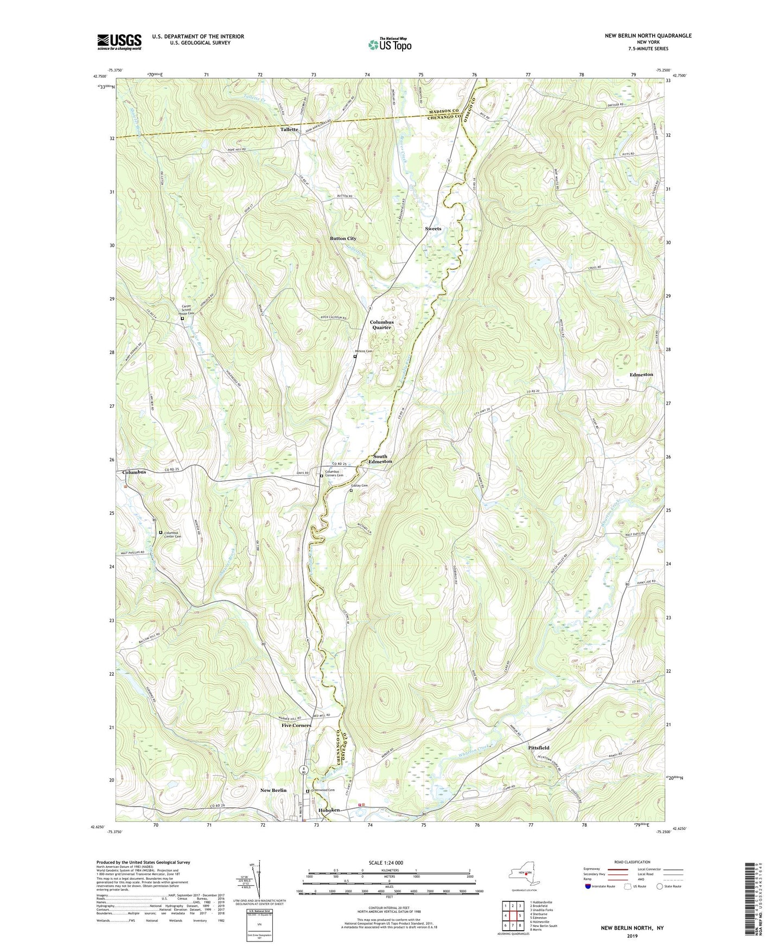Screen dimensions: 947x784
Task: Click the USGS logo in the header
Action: click(x=119, y=42)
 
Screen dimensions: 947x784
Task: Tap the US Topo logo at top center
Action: click(x=389, y=44)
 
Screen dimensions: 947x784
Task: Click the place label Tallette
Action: click(x=289, y=130)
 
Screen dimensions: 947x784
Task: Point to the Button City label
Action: click(x=343, y=239)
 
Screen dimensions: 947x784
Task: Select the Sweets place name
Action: click(x=433, y=229)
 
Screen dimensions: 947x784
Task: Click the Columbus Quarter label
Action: click(x=381, y=325)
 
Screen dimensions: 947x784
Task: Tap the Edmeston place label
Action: click(x=641, y=375)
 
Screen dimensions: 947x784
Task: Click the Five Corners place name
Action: click(x=296, y=725)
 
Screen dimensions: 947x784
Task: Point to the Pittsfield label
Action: click(x=539, y=748)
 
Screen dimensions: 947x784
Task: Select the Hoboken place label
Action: click(x=328, y=810)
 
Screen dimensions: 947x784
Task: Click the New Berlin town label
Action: click(x=273, y=790)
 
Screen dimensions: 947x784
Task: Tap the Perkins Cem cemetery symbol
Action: click(x=355, y=357)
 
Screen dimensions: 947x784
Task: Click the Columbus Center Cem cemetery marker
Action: click(x=161, y=533)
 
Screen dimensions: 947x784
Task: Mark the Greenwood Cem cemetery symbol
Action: click(x=308, y=791)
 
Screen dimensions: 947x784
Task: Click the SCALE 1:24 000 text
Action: click(x=389, y=862)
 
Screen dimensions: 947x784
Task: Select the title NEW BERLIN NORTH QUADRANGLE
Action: click(x=648, y=36)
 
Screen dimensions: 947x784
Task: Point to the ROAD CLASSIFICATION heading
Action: click(x=632, y=862)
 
